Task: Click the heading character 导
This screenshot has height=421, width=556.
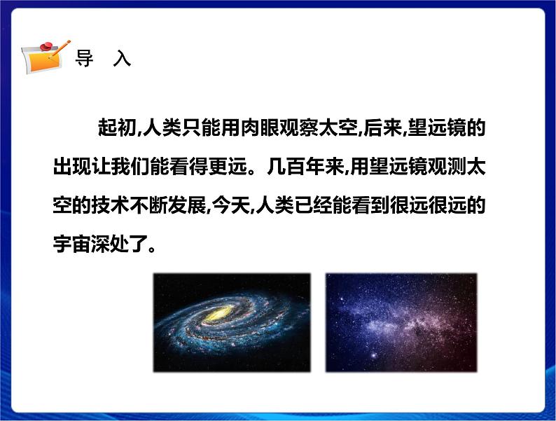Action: (x=84, y=58)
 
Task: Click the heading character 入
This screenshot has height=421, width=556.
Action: (x=122, y=58)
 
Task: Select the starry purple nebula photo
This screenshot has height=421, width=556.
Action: (x=401, y=322)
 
